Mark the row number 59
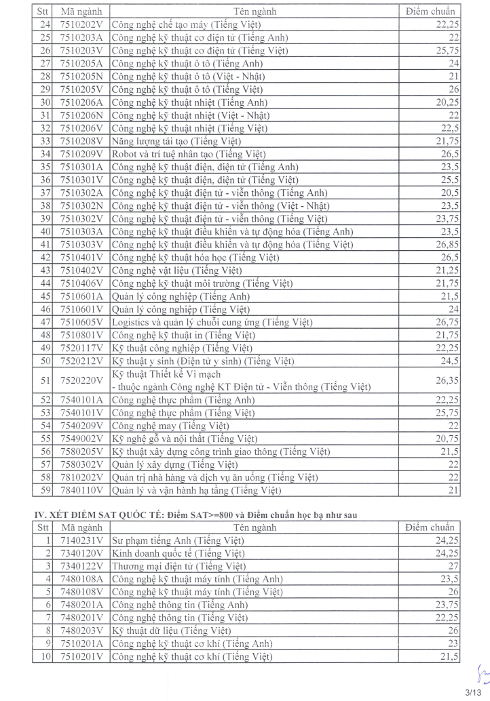[x=45, y=490]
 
